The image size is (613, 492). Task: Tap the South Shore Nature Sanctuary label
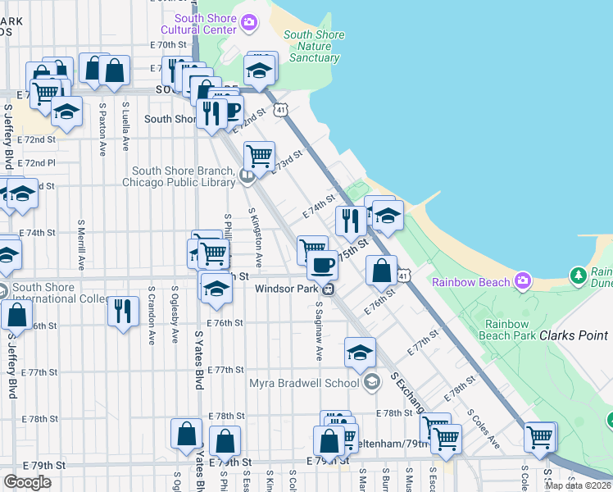pyautogui.click(x=311, y=46)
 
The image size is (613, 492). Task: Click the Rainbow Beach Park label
pyautogui.click(x=510, y=330)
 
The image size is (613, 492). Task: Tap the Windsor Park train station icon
pyautogui.click(x=328, y=289)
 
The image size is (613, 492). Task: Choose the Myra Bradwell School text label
pyautogui.click(x=304, y=383)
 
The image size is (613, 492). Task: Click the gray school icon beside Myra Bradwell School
pyautogui.click(x=372, y=382)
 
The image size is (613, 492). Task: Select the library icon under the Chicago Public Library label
pyautogui.click(x=247, y=175)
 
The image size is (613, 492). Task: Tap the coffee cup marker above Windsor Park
pyautogui.click(x=323, y=264)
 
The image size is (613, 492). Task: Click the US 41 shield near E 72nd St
pyautogui.click(x=281, y=109)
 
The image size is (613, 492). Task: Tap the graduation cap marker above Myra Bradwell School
pyautogui.click(x=360, y=351)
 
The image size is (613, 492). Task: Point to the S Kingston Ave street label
pyautogui.click(x=257, y=238)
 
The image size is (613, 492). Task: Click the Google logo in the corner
pyautogui.click(x=28, y=482)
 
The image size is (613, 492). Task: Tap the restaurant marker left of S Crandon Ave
pyautogui.click(x=123, y=310)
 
